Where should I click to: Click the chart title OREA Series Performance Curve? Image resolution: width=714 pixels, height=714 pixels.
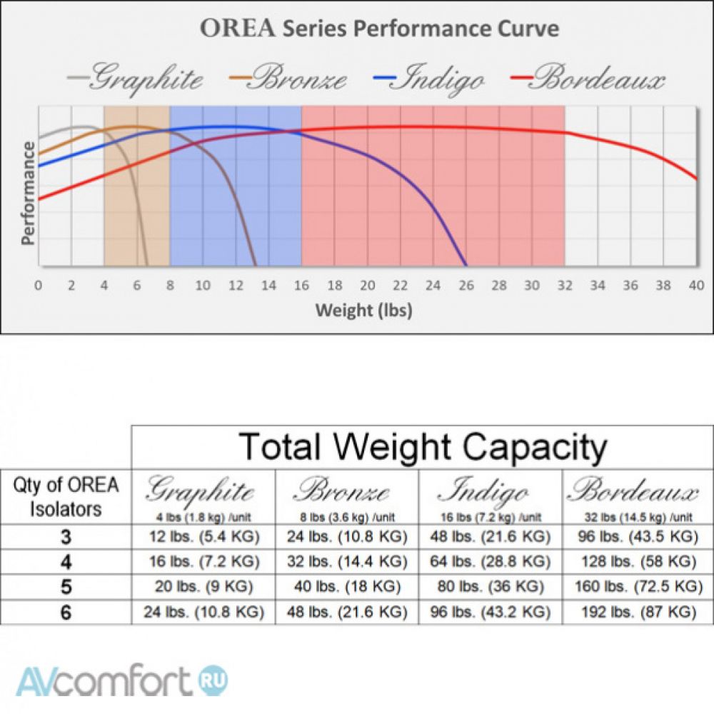pos(379,29)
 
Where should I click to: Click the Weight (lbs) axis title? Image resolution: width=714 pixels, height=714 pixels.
pos(364,311)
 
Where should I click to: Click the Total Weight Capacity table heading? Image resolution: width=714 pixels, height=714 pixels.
pos(423,447)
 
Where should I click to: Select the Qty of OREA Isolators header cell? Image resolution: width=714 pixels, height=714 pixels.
pos(66,497)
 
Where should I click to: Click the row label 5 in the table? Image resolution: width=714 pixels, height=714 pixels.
pos(66,586)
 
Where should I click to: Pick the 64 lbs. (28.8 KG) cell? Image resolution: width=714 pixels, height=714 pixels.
pos(489,560)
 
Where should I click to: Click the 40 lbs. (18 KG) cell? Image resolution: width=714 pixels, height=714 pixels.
pos(345,586)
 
